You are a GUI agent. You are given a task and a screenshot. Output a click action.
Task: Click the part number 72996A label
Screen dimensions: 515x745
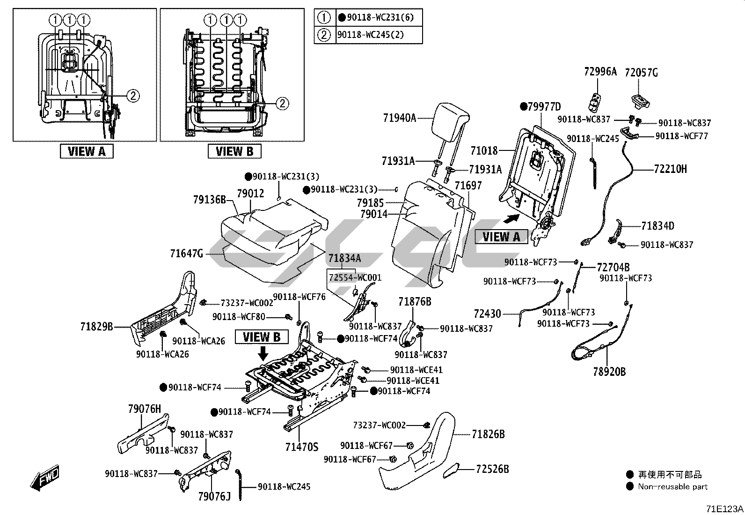point(600,72)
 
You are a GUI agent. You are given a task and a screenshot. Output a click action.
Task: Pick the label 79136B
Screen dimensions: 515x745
point(209,200)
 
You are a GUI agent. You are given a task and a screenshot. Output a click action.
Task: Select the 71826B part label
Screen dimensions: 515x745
point(488,434)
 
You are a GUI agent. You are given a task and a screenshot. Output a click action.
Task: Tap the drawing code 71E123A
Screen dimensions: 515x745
point(724,509)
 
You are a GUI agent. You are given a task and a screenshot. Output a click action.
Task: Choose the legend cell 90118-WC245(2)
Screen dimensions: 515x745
point(370,35)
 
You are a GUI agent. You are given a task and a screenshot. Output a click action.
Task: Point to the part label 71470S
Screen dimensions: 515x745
point(301,447)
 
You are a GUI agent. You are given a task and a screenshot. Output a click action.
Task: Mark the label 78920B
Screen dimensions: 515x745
point(609,372)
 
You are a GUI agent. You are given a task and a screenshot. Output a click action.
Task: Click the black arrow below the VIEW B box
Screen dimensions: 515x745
point(263,352)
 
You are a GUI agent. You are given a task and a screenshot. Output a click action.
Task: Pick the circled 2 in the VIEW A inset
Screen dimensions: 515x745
point(133,96)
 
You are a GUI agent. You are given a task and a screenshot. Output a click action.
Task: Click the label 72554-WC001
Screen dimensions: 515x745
point(355,277)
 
